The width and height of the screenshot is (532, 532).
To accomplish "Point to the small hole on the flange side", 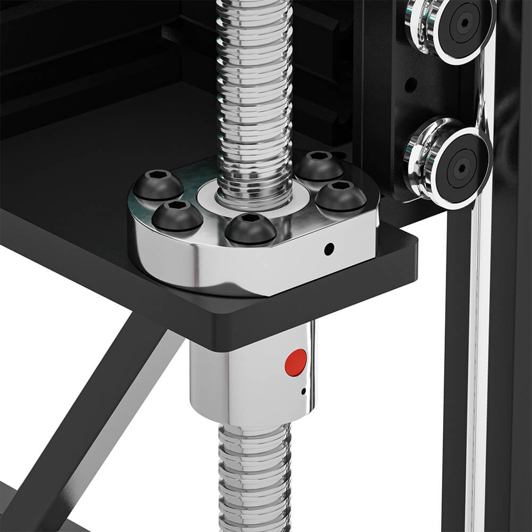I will pos(329,248).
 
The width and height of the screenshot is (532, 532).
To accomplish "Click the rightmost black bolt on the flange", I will pos(340,196).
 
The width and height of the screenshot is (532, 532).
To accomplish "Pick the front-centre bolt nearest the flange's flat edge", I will pos(250,229).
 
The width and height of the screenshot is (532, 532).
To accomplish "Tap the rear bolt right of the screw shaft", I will pos(319,165).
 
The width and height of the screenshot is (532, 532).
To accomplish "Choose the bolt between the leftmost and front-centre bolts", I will pos(177,215).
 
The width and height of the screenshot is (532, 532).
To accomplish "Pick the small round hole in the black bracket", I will pos(411,85).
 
